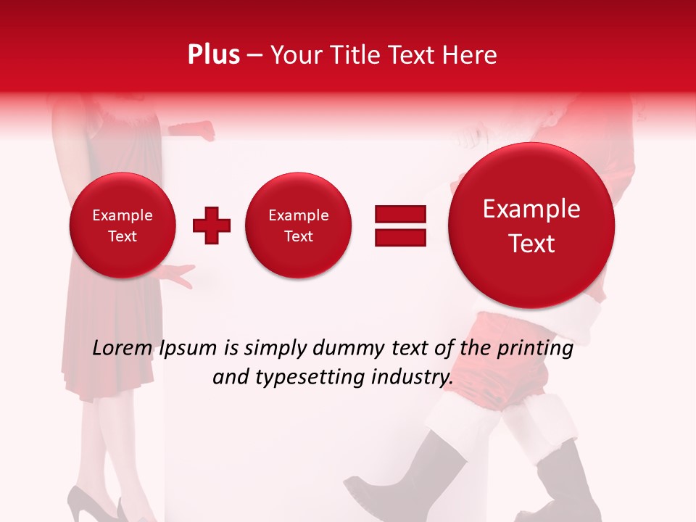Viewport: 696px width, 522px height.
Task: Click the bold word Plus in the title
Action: (x=213, y=55)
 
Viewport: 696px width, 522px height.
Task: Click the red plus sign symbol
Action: (x=212, y=225)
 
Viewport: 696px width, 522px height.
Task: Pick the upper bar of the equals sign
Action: (x=400, y=213)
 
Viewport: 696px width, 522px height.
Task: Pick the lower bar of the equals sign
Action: (x=400, y=237)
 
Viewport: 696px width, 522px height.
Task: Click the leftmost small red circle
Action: (x=122, y=225)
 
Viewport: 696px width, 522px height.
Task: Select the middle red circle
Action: (x=298, y=225)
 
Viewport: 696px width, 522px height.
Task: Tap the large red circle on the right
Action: (x=531, y=226)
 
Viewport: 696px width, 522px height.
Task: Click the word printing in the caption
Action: (x=534, y=349)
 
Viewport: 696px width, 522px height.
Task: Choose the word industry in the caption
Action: (x=413, y=377)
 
